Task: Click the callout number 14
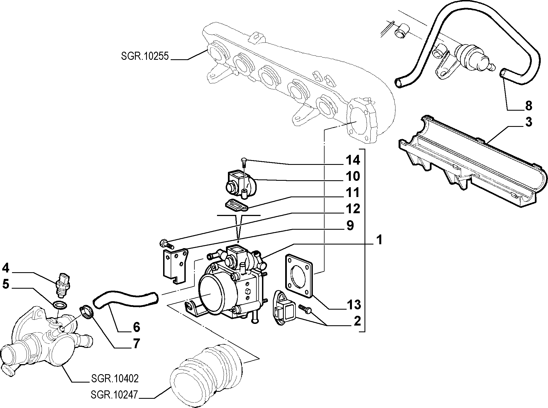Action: pyautogui.click(x=353, y=160)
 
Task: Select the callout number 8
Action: pyautogui.click(x=528, y=106)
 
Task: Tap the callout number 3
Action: pyautogui.click(x=528, y=122)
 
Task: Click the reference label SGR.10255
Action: pyautogui.click(x=145, y=56)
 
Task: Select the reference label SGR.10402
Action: pyautogui.click(x=115, y=379)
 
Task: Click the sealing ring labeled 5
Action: pyautogui.click(x=59, y=305)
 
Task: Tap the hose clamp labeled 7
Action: pyautogui.click(x=86, y=312)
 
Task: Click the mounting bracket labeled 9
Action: pyautogui.click(x=175, y=265)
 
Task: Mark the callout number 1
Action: pyautogui.click(x=379, y=240)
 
